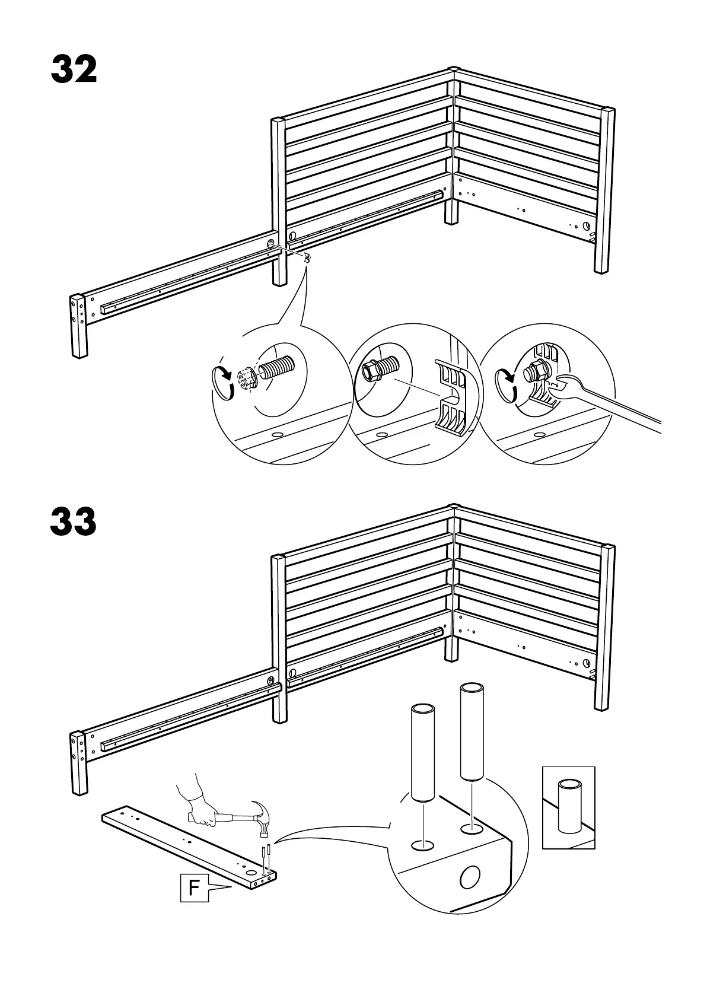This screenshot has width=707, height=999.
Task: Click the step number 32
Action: click(x=74, y=70)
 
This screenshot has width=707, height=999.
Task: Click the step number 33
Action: click(x=74, y=523)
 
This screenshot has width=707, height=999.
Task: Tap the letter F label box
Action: click(x=195, y=904)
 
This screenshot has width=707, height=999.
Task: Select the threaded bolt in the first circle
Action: click(x=276, y=370)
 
